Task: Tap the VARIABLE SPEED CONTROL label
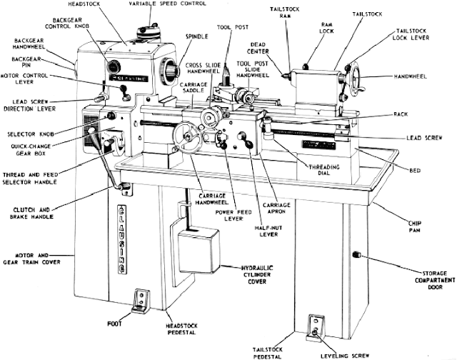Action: [171, 4]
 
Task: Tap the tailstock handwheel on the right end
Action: [355, 74]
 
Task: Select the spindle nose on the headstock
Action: [171, 71]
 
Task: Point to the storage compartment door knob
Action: [364, 257]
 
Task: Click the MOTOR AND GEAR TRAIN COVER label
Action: [31, 258]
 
